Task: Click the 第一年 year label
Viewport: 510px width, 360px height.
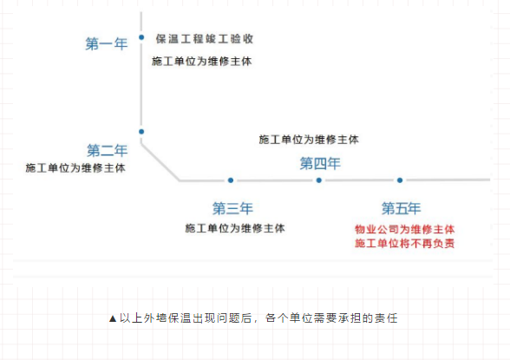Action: click(x=106, y=43)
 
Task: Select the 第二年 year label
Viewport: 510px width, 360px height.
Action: click(x=108, y=149)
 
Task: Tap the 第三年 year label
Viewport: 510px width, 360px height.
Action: click(x=232, y=208)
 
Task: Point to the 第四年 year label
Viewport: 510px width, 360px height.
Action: click(x=320, y=162)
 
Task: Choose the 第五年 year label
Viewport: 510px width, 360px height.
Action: click(x=402, y=208)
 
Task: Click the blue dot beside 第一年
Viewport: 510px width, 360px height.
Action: click(x=141, y=37)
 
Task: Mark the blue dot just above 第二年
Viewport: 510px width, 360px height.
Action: click(x=141, y=132)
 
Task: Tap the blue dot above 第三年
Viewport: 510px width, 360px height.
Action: click(x=231, y=180)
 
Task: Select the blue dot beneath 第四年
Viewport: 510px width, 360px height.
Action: click(x=319, y=180)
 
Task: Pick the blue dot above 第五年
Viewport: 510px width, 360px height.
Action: click(x=400, y=180)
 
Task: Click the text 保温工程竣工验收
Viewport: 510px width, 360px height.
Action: click(x=205, y=39)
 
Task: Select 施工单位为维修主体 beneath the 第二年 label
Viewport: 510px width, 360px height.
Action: click(x=75, y=167)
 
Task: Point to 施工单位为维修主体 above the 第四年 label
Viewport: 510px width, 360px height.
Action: click(x=309, y=139)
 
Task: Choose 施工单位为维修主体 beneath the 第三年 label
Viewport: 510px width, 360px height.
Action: click(x=235, y=228)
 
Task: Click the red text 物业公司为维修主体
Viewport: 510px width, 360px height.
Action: click(x=405, y=229)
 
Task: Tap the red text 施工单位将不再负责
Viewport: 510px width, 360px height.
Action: click(x=405, y=244)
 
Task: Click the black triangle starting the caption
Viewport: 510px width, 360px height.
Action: click(x=113, y=318)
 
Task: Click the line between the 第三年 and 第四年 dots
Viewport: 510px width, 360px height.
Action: click(x=275, y=180)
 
